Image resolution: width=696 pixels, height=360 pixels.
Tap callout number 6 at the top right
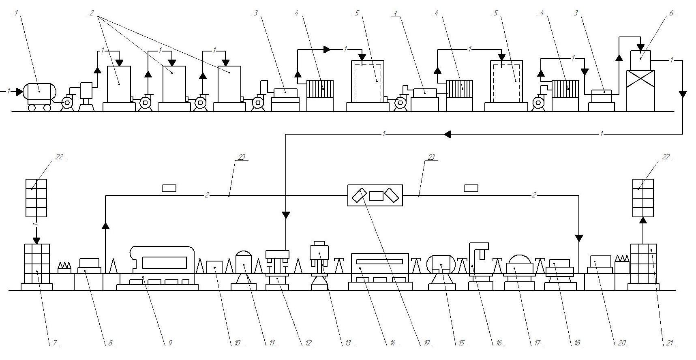(671, 13)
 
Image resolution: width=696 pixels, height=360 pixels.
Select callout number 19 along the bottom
(426, 343)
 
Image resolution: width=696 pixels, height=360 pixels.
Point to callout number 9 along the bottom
(170, 343)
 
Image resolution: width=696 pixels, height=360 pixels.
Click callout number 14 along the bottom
(392, 343)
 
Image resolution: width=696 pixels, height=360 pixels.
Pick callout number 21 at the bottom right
(669, 343)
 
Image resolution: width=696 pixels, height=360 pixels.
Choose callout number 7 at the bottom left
(53, 343)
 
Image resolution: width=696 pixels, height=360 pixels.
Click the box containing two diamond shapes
(375, 195)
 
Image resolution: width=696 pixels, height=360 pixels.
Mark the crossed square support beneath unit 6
(640, 90)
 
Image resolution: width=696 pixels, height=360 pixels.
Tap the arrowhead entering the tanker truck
(19, 92)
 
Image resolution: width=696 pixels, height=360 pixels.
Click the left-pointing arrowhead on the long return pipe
(447, 134)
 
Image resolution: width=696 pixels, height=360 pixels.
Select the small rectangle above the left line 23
(169, 188)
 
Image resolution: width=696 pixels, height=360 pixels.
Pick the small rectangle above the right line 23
(471, 188)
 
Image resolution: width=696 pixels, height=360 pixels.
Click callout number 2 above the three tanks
(92, 13)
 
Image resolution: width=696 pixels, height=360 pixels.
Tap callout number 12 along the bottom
(308, 343)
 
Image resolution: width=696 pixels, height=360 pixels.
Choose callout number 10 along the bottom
(237, 343)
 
